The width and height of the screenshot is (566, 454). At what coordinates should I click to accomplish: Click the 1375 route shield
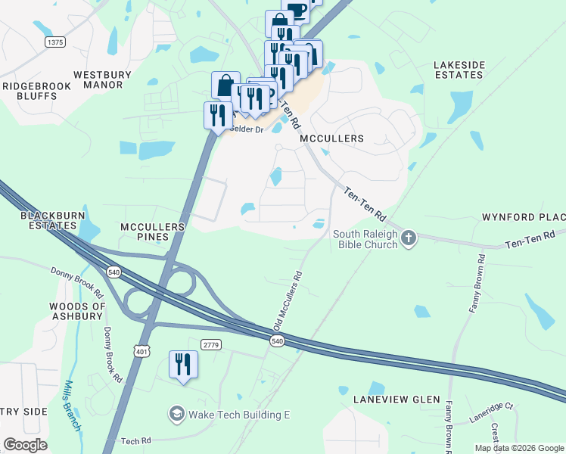click(x=54, y=42)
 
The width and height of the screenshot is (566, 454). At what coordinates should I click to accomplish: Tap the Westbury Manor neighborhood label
click(x=102, y=80)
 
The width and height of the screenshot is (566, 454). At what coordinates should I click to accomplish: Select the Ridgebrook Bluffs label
click(x=36, y=92)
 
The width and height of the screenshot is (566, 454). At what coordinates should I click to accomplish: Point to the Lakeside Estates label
click(x=459, y=70)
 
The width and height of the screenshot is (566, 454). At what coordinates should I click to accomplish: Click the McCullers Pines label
click(x=153, y=232)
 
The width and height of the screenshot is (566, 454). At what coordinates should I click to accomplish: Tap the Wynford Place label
click(x=524, y=217)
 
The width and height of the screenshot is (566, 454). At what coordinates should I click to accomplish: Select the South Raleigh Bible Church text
click(x=365, y=239)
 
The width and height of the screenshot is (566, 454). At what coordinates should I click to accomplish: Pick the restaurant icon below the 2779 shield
click(x=183, y=365)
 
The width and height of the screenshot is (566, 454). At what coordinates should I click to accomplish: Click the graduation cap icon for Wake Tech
click(x=176, y=414)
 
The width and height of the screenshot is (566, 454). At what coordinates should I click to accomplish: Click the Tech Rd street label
click(x=136, y=440)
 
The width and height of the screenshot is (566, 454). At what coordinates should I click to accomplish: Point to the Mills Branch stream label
click(x=73, y=406)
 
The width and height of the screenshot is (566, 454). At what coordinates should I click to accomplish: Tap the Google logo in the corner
click(x=25, y=445)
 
